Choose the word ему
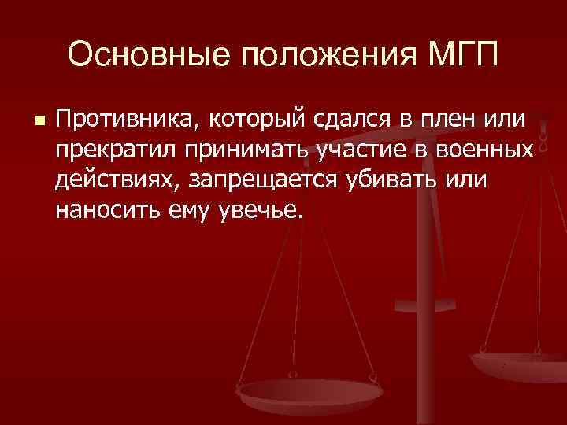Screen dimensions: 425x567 tap(187, 209)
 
